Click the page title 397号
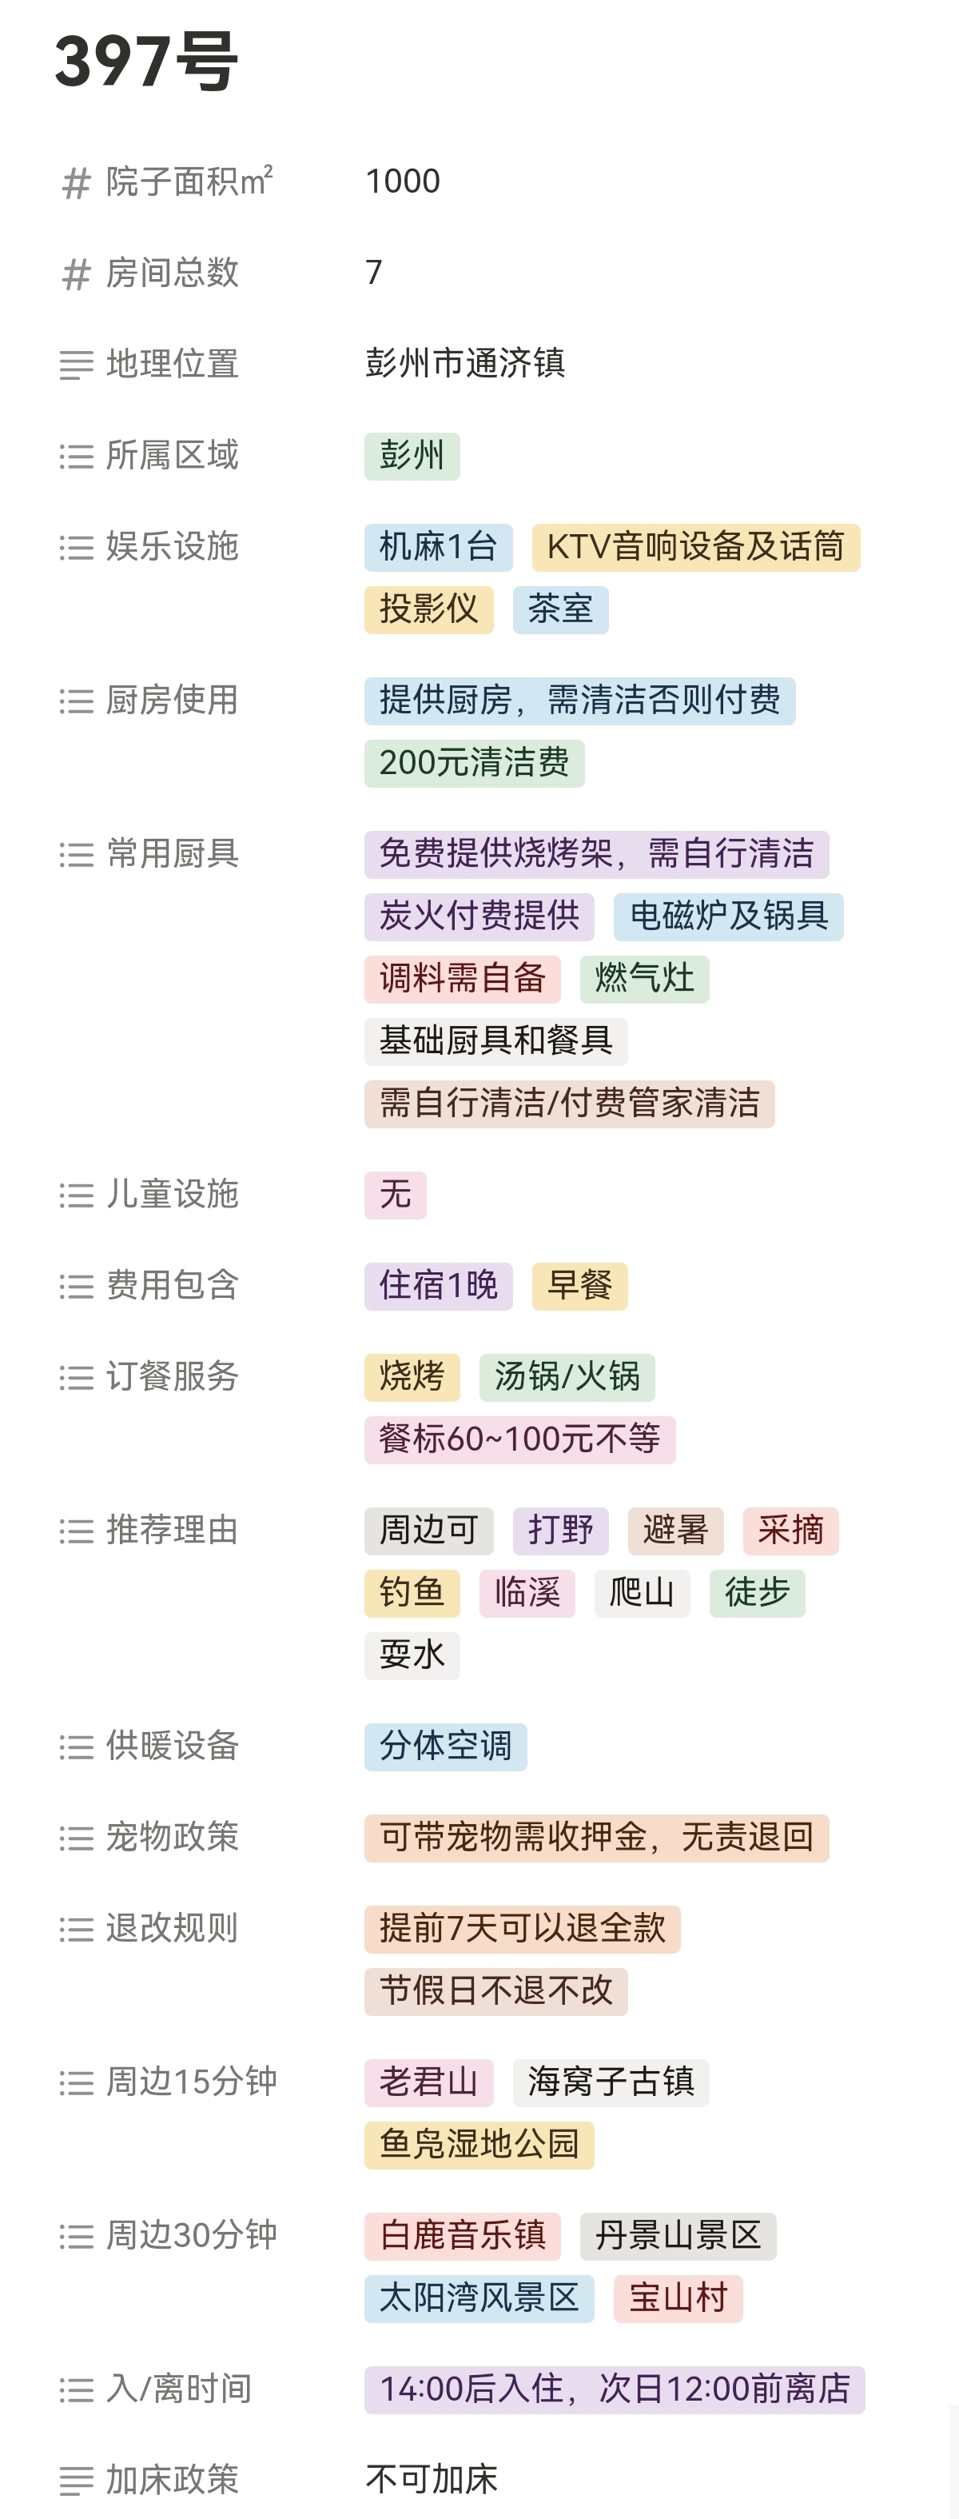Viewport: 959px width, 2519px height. pyautogui.click(x=146, y=62)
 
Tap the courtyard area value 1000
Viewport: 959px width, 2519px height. pyautogui.click(x=403, y=181)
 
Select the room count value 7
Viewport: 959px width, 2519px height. pyautogui.click(x=373, y=272)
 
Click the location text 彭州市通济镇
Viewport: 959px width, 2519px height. pyautogui.click(x=465, y=363)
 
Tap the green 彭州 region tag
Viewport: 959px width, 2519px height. pyautogui.click(x=412, y=456)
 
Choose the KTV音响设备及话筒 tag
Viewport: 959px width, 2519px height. pyautogui.click(x=695, y=547)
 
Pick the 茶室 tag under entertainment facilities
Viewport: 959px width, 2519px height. pyautogui.click(x=560, y=609)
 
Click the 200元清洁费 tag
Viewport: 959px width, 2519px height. pyautogui.click(x=474, y=763)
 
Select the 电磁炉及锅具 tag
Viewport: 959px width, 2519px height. pyautogui.click(x=728, y=916)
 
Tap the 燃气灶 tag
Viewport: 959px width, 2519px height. pyautogui.click(x=644, y=979)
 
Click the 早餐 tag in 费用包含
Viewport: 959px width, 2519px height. pyautogui.click(x=579, y=1286)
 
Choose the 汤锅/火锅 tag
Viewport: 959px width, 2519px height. pyautogui.click(x=567, y=1377)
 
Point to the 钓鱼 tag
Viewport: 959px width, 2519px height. pyautogui.click(x=412, y=1593)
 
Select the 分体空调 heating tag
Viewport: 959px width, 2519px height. pyautogui.click(x=446, y=1747)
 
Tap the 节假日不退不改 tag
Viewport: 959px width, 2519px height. pyautogui.click(x=495, y=1991)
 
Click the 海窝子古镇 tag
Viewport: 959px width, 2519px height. pyautogui.click(x=611, y=2082)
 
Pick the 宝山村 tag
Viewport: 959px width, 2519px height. pyautogui.click(x=678, y=2298)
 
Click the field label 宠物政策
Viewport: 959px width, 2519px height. pyautogui.click(x=172, y=1838)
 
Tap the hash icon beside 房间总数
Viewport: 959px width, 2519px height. pyautogui.click(x=76, y=273)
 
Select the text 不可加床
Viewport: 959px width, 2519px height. pyautogui.click(x=431, y=2479)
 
